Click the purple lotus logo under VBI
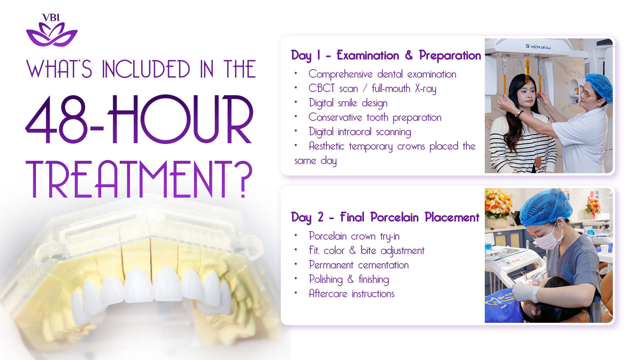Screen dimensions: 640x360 52,34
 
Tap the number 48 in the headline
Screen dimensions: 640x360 56,120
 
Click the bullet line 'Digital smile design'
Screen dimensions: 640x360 348,103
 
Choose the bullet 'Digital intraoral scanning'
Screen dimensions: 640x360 360,132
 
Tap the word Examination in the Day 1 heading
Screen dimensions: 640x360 368,55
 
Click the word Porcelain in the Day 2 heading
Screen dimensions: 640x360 394,218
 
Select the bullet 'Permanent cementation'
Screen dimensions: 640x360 359,265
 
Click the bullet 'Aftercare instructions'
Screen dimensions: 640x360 352,294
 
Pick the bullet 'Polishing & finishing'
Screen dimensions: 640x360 349,280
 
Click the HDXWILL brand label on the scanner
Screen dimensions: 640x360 538,46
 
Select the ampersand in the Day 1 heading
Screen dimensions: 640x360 409,55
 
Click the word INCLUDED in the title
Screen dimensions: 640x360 146,69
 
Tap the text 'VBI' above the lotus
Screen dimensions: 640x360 51,18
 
